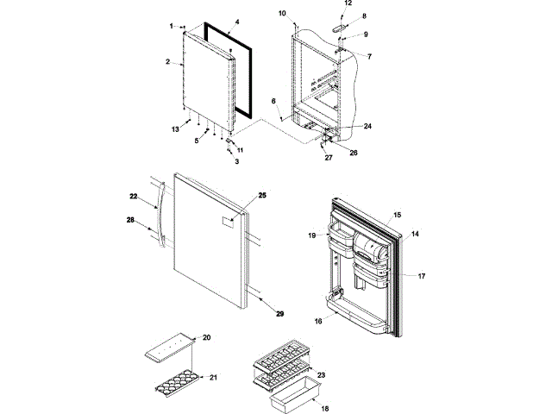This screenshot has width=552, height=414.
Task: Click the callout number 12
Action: coord(348,3)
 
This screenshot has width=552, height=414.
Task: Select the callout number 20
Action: coord(206,336)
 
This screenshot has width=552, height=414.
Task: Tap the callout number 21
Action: coord(213,377)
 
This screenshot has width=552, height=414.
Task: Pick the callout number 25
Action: coord(262,196)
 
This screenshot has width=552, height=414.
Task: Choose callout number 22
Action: coord(134,198)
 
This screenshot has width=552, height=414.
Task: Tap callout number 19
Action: coord(312,235)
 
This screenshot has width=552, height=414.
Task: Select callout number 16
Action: coord(318,321)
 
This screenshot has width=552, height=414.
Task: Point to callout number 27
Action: coord(328,158)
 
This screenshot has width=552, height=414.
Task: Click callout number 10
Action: coord(282,15)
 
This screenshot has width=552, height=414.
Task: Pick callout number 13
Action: coord(174,129)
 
